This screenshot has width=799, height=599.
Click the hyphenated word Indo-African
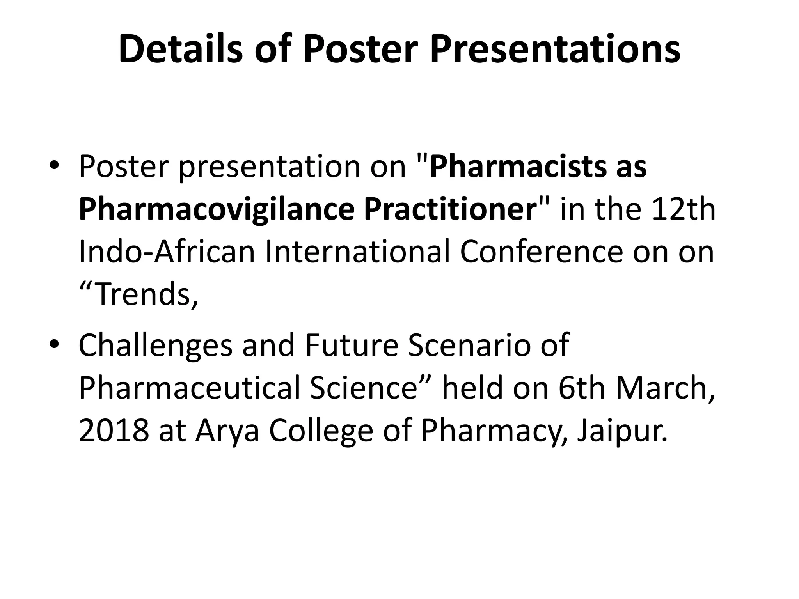(167, 252)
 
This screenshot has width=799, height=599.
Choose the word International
(357, 252)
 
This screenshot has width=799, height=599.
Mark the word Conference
(541, 252)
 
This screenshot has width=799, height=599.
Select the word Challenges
(155, 346)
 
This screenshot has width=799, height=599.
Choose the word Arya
(227, 431)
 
